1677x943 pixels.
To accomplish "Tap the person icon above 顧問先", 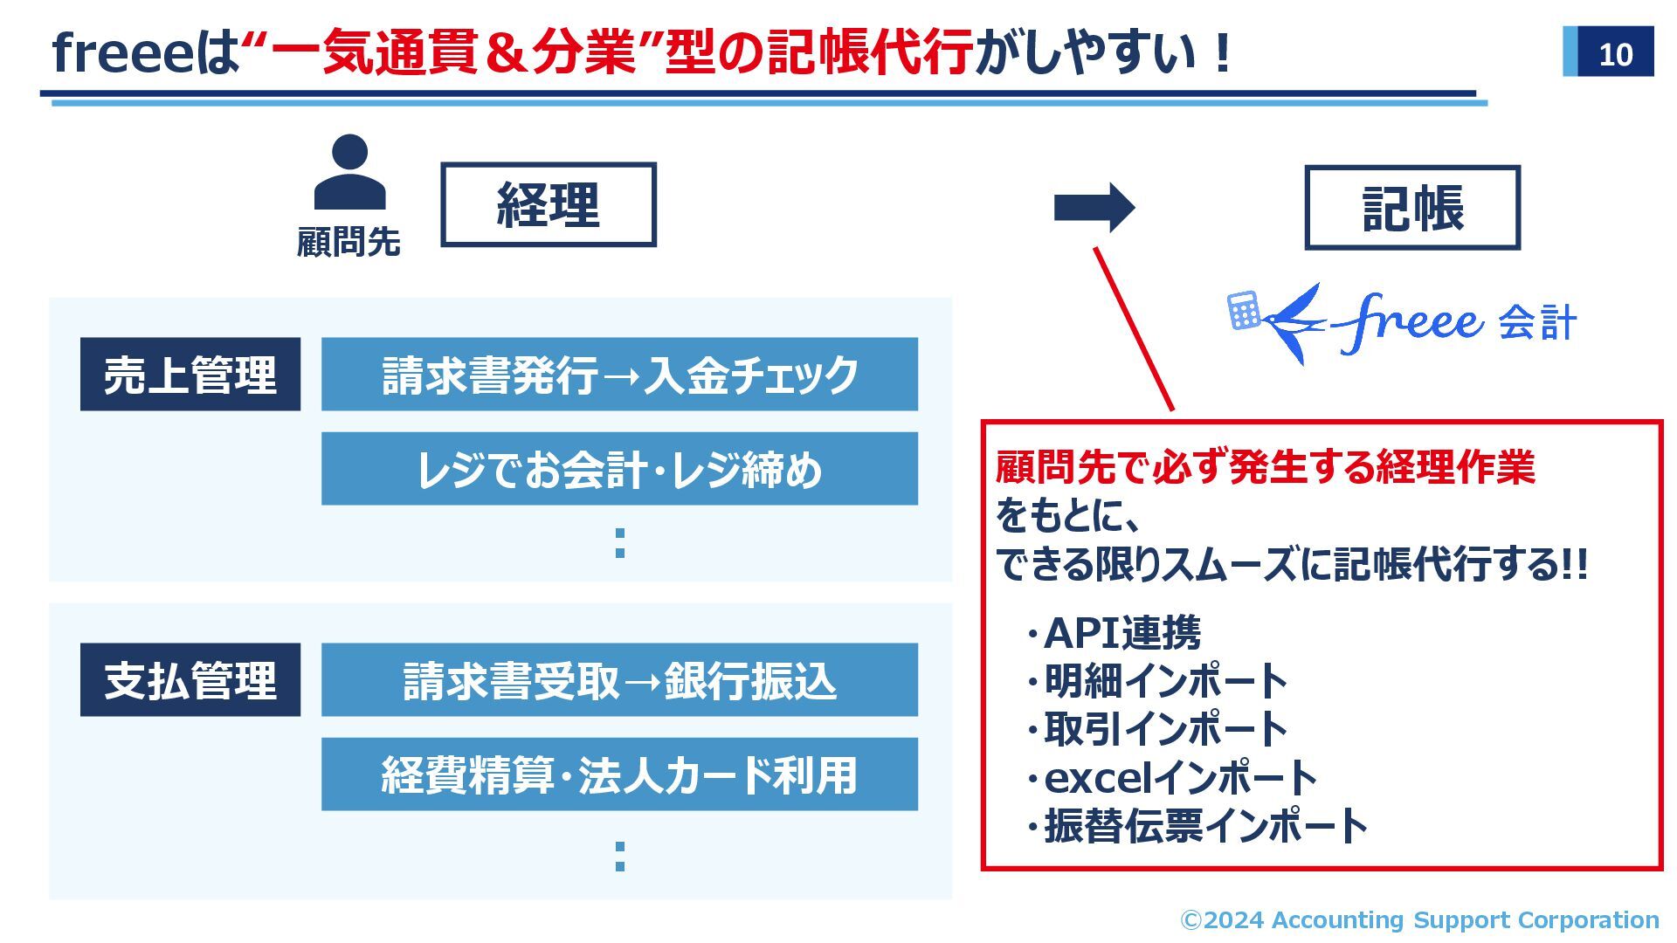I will point(349,172).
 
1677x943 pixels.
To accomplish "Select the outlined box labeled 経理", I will point(549,205).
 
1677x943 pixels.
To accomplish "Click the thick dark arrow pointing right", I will point(1094,208).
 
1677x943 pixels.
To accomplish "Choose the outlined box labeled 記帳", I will point(1412,209).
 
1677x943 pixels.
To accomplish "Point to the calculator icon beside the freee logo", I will point(1244,311).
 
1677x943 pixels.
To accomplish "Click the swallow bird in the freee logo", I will point(1293,322).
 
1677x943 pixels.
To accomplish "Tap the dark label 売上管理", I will point(190,375).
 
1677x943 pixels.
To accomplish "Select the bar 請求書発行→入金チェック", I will point(619,375).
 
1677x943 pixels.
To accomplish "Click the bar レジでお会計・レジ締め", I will point(619,469).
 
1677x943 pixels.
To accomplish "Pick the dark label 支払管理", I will point(190,680).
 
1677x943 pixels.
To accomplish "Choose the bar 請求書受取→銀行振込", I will point(619,680).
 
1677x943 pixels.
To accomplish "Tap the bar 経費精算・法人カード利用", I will point(619,774).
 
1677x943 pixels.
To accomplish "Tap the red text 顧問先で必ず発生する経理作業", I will point(1266,467).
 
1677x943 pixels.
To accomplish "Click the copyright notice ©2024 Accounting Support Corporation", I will point(1419,919).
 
